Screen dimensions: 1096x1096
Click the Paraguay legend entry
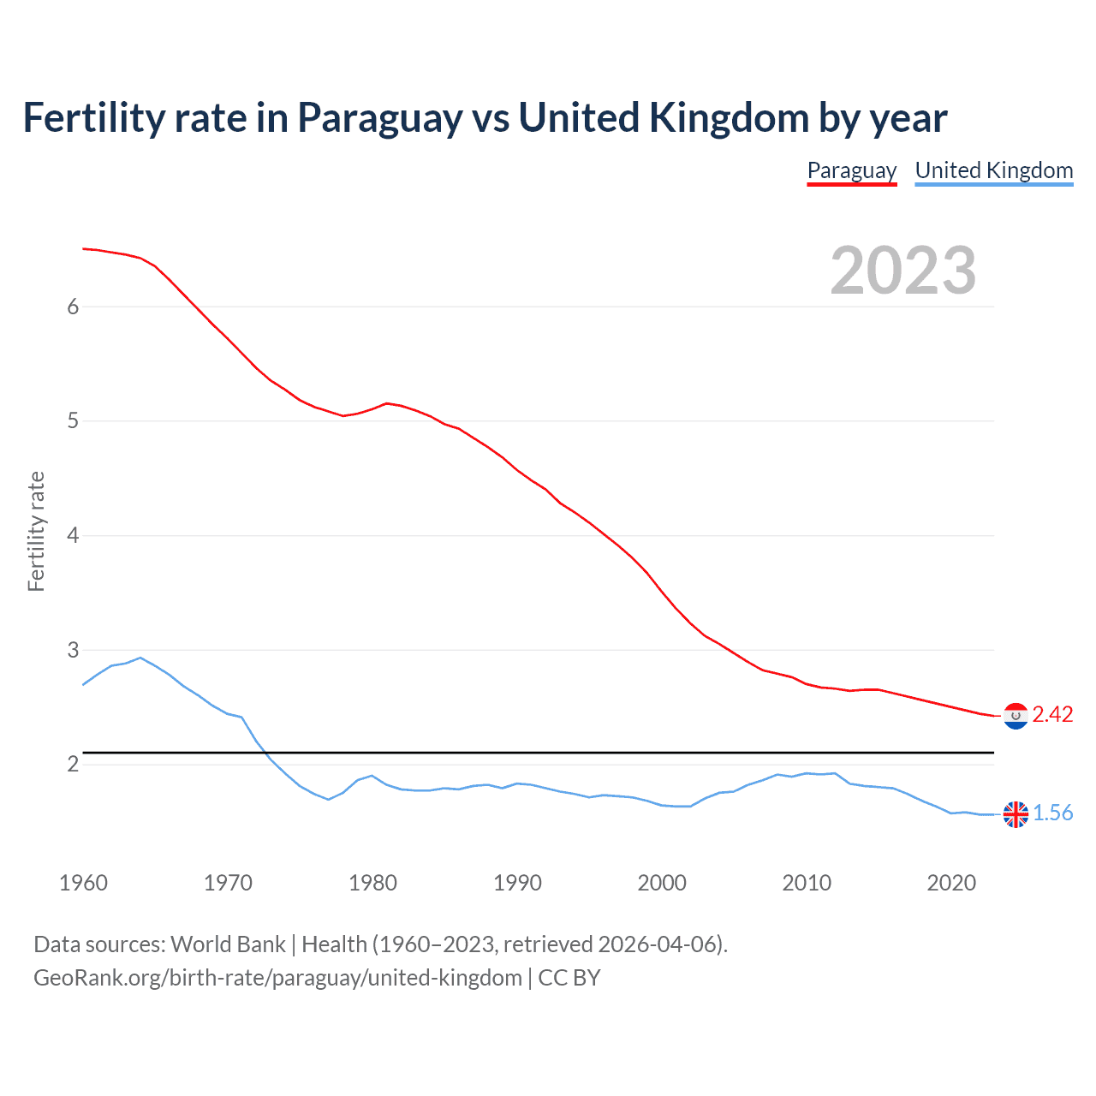pyautogui.click(x=851, y=170)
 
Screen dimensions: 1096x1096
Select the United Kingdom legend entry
pyautogui.click(x=993, y=170)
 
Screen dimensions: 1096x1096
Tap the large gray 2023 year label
pyautogui.click(x=902, y=271)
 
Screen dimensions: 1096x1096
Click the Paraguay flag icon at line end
pyautogui.click(x=1016, y=716)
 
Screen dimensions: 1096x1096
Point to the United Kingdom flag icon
pyautogui.click(x=1016, y=814)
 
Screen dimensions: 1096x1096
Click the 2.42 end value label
pyautogui.click(x=1052, y=714)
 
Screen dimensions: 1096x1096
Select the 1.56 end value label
pyautogui.click(x=1052, y=813)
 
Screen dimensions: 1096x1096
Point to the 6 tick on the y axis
pyautogui.click(x=73, y=307)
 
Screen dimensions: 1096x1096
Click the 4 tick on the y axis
pyautogui.click(x=73, y=536)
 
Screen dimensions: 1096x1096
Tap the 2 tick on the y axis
pyautogui.click(x=73, y=764)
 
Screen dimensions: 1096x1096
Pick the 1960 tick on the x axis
pyautogui.click(x=83, y=883)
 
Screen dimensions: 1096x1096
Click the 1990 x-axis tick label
pyautogui.click(x=517, y=883)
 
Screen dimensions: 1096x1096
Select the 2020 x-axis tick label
pyautogui.click(x=951, y=883)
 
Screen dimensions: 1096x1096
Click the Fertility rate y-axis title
pyautogui.click(x=36, y=531)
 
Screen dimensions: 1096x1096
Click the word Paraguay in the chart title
pyautogui.click(x=379, y=118)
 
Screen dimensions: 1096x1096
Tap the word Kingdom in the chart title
pyautogui.click(x=728, y=118)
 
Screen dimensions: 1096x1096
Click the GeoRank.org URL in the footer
pyautogui.click(x=277, y=978)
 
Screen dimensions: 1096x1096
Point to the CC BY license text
pyautogui.click(x=569, y=978)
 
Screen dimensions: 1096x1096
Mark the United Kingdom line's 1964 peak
pyautogui.click(x=140, y=658)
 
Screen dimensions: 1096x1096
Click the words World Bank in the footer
pyautogui.click(x=228, y=944)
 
